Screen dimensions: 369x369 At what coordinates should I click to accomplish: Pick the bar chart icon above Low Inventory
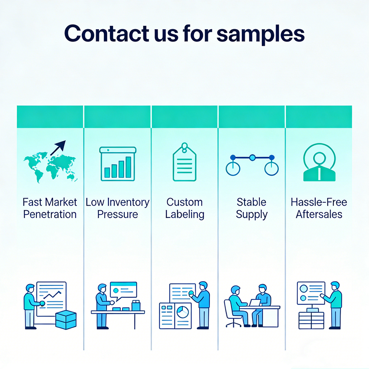point(117,164)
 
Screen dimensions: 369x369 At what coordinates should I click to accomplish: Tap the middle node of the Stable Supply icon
point(252,157)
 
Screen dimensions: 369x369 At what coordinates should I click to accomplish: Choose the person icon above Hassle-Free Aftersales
point(319,163)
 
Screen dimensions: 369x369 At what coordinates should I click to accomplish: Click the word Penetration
point(50,214)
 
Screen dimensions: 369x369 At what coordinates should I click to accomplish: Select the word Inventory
point(128,202)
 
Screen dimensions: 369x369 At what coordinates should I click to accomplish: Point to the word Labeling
point(184,214)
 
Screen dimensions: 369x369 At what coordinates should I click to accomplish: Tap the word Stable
point(252,202)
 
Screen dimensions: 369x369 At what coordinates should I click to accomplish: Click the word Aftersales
point(319,214)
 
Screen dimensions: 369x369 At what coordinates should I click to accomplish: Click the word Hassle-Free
point(319,202)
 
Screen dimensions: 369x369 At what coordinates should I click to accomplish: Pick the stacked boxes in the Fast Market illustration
point(66,320)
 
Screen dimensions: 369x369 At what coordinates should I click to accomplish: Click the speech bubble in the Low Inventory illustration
point(123,289)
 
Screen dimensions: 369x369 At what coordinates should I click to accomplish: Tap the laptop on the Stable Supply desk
point(254,303)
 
